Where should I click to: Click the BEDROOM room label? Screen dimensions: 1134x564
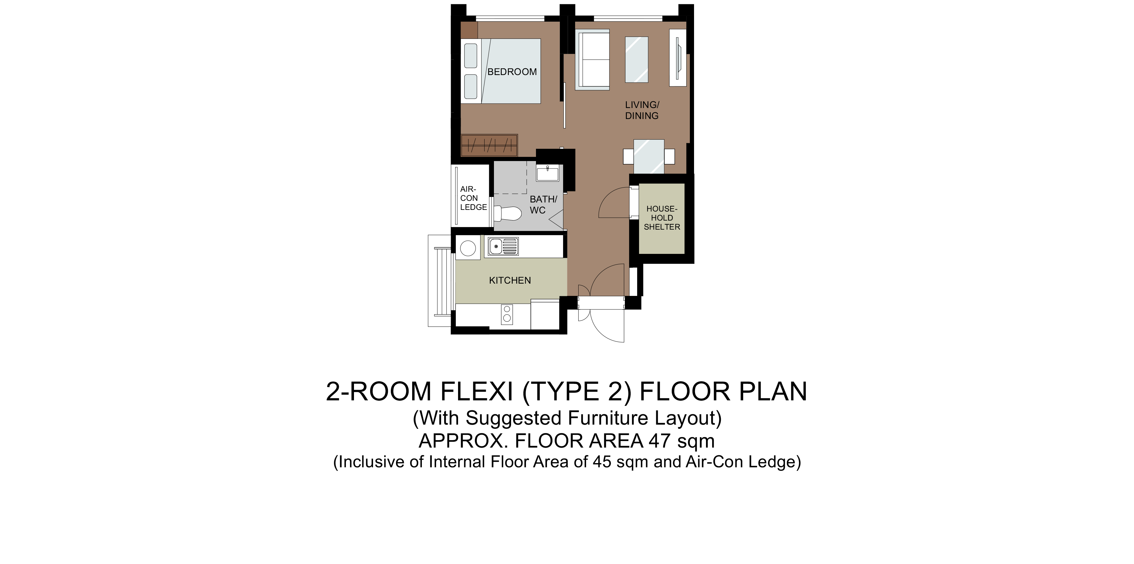pos(512,72)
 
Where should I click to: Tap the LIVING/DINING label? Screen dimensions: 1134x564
pos(642,110)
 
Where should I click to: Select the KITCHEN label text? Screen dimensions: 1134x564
pos(510,280)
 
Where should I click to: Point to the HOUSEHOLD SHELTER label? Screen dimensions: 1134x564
pos(662,218)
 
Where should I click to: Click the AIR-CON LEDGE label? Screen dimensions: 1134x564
pos(473,198)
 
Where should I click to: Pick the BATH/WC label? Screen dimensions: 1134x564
pos(543,205)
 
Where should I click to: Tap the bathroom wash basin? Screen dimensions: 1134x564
pos(547,173)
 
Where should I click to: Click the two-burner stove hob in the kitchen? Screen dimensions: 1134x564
pos(507,314)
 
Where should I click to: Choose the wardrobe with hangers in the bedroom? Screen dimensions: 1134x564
pos(489,145)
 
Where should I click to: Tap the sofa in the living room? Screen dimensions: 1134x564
pos(592,60)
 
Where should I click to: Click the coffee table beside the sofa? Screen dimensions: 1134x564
pos(637,60)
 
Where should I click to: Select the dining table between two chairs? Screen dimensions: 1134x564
pos(649,156)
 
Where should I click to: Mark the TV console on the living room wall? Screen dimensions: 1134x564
pos(678,58)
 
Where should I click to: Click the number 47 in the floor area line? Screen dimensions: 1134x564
pos(659,441)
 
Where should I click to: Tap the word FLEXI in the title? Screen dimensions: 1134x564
pos(477,391)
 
